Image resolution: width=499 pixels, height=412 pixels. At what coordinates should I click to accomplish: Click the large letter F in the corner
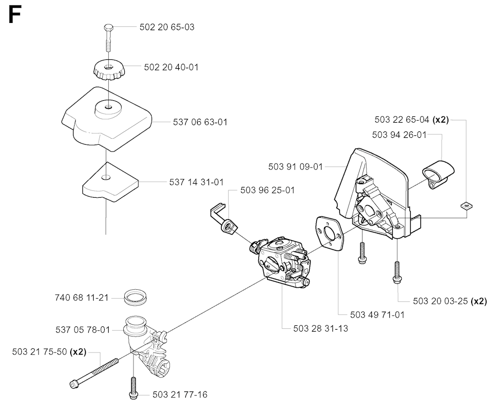(15, 15)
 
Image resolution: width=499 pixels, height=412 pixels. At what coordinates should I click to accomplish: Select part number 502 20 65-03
(167, 27)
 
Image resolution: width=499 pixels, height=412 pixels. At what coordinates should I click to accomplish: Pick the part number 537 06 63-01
(200, 122)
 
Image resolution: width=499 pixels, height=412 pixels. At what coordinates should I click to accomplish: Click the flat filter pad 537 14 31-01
(111, 182)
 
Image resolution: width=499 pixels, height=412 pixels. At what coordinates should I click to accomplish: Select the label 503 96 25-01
(268, 190)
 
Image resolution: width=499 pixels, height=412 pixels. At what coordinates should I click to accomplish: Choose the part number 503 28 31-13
(321, 328)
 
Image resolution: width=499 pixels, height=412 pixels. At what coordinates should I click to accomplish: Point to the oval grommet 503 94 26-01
(438, 174)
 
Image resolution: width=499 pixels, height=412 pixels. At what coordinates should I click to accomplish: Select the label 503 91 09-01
(296, 167)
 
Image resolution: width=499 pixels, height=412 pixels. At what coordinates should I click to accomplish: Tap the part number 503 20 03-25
(441, 301)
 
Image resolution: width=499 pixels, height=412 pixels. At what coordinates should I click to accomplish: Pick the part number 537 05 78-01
(83, 330)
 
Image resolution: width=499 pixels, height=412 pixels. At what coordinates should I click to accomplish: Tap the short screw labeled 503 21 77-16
(134, 388)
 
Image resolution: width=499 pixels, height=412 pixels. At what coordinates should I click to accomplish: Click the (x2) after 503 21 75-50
(78, 352)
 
